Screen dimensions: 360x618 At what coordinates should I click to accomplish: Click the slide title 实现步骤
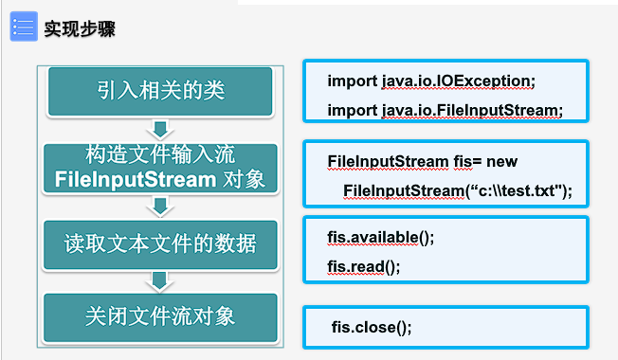click(x=81, y=28)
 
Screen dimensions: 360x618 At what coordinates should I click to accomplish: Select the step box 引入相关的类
click(x=160, y=91)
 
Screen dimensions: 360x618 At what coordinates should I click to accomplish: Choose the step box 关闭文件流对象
click(x=160, y=315)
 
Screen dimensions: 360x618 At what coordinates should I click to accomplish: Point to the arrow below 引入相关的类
click(x=160, y=128)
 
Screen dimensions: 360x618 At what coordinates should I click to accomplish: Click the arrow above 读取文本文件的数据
click(x=160, y=207)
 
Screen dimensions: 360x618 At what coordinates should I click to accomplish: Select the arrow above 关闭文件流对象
click(x=160, y=280)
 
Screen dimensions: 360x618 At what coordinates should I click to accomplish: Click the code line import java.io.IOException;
click(x=431, y=80)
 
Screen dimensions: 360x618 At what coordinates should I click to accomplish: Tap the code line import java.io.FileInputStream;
click(x=445, y=110)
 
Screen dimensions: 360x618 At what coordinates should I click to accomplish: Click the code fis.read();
click(x=364, y=266)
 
